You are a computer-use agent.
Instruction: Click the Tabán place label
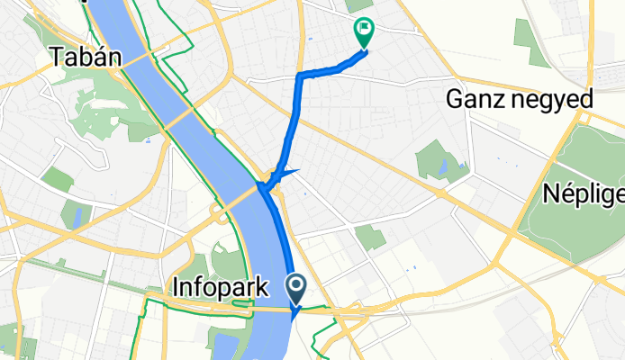pos(84,58)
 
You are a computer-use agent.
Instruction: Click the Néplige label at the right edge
pos(584,193)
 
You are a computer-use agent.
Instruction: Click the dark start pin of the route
pos(297,287)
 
